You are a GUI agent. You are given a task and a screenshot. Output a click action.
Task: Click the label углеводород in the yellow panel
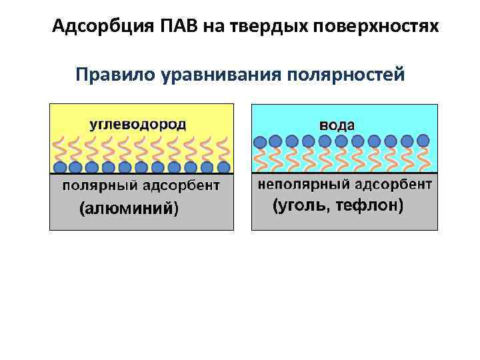tap(138, 125)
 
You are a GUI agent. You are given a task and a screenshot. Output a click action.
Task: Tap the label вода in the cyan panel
tap(337, 125)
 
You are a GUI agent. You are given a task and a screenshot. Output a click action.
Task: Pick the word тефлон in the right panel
tap(369, 206)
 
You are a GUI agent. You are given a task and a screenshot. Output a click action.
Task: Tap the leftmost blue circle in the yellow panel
tap(60, 167)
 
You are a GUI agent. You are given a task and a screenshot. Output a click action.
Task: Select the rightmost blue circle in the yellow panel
tap(223, 167)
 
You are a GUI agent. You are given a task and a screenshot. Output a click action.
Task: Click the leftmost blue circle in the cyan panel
tap(260, 141)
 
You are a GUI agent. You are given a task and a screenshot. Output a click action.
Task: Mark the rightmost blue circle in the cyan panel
tap(423, 141)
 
